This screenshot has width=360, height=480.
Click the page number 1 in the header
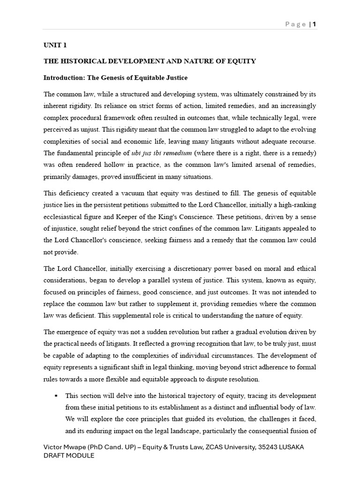314,24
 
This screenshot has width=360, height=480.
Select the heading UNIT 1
55,45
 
